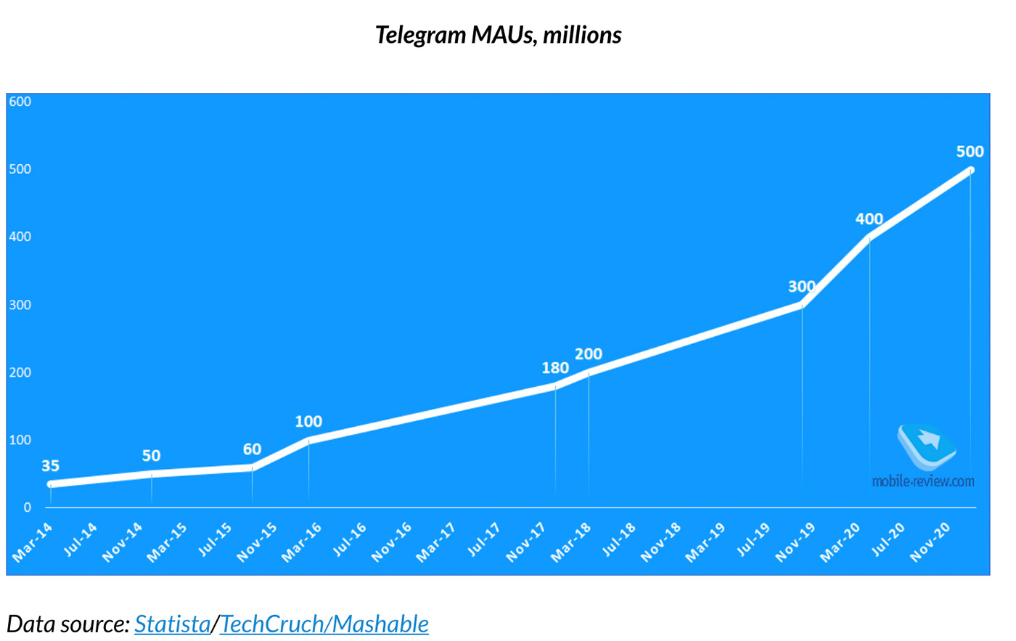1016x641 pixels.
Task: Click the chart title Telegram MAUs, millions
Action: point(498,35)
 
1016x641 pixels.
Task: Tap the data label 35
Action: point(50,466)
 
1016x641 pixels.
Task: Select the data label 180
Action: point(555,368)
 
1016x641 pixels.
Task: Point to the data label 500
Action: point(970,152)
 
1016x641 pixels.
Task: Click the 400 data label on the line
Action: point(869,219)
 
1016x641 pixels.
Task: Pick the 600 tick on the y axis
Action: point(20,102)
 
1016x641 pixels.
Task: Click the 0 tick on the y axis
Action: point(28,507)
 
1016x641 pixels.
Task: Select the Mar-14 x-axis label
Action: point(33,542)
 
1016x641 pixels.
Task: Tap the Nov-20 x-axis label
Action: point(930,542)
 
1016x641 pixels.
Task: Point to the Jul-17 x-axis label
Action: point(483,541)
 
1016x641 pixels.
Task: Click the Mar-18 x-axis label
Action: point(571,542)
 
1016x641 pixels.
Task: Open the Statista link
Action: point(172,624)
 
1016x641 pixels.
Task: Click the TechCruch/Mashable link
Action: point(324,624)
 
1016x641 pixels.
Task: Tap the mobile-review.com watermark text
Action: point(923,481)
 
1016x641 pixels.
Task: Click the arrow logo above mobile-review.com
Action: point(926,444)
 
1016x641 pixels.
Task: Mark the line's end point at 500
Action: point(970,171)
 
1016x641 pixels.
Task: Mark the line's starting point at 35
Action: point(50,484)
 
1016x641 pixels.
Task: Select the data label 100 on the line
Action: point(308,422)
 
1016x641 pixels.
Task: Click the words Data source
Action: point(67,624)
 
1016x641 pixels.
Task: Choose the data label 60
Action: point(252,449)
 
